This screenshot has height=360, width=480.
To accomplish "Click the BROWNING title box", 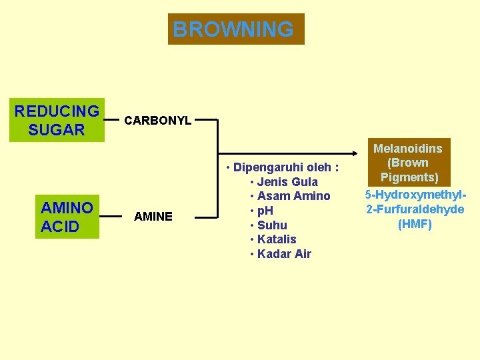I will [236, 29].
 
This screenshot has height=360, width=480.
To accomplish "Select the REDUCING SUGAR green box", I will [57, 121].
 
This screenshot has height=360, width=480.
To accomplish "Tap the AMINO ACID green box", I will [67, 217].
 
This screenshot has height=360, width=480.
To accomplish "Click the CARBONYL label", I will [158, 121].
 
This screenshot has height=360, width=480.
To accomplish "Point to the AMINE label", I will [153, 216].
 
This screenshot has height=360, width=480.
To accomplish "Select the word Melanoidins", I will [408, 149].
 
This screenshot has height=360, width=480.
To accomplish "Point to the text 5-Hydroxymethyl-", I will [415, 195].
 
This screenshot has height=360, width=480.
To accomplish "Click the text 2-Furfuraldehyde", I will [415, 209].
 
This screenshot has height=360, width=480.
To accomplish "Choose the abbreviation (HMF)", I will [415, 224].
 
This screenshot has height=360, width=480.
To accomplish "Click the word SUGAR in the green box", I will [57, 130].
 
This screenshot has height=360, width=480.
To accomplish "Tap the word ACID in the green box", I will [60, 227].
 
